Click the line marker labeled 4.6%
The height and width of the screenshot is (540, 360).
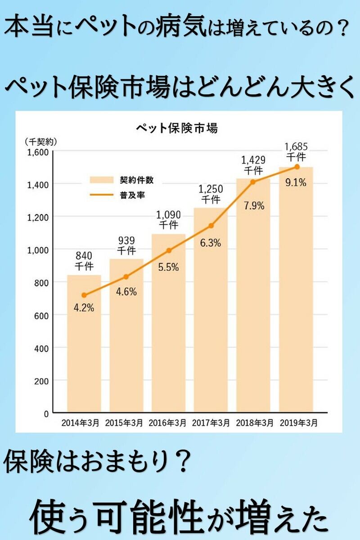pos(126,277)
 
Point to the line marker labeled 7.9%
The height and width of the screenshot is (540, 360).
pos(253,182)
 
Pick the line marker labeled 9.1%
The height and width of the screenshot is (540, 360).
pos(297,166)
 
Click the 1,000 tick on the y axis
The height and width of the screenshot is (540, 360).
pos(38,249)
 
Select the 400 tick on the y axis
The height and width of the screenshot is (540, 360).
pos(41,348)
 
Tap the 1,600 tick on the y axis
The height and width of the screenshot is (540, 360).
pos(38,152)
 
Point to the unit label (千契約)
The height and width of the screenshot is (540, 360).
pos(40,141)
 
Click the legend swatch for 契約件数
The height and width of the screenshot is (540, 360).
pos(102,180)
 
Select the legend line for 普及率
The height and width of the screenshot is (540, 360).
pos(102,195)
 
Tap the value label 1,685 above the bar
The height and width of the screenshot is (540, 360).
pos(296,147)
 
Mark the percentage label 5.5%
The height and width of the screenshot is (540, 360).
pos(168,267)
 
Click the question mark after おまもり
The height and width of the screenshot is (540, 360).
pos(180,463)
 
